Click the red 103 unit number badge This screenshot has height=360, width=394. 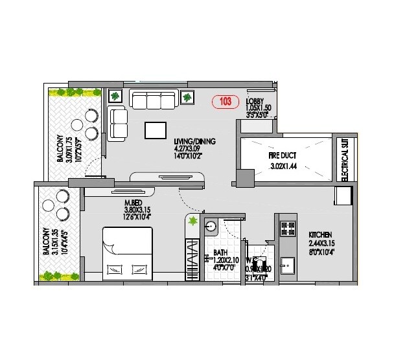click(x=226, y=102)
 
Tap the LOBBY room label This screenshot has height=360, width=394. click(x=254, y=101)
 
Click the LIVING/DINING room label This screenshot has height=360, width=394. click(x=194, y=141)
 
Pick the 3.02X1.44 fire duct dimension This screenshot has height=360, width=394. click(x=283, y=166)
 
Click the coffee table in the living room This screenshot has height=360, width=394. click(x=156, y=130)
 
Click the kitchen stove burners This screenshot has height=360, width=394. click(x=283, y=228)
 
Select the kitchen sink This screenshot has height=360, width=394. click(x=285, y=266)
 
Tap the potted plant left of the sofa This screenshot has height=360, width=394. click(x=115, y=96)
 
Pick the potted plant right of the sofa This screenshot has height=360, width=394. click(x=187, y=98)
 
